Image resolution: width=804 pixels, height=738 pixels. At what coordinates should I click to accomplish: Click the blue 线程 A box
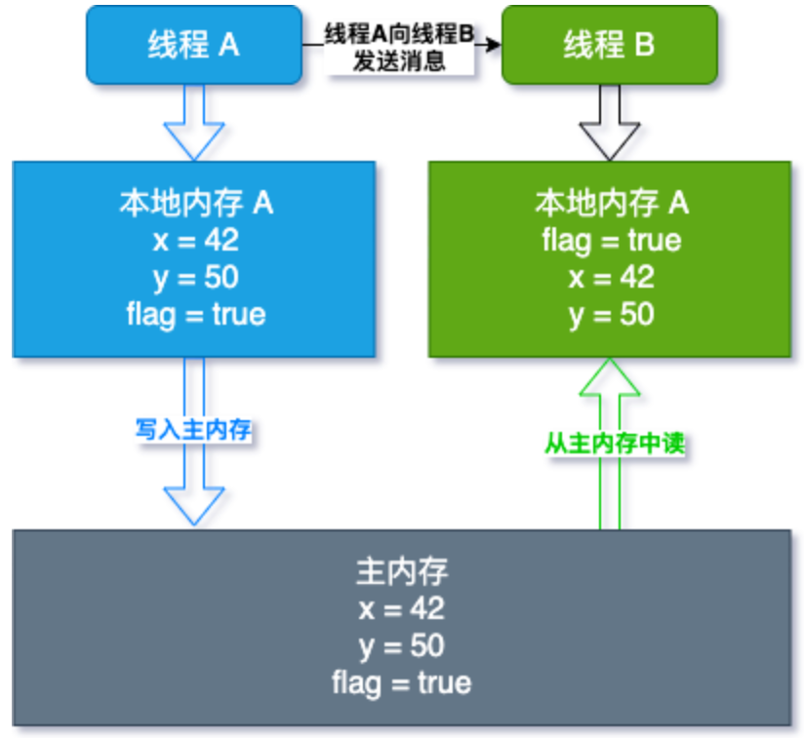pyautogui.click(x=193, y=45)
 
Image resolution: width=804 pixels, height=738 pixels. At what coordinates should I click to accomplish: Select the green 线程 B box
pyautogui.click(x=609, y=45)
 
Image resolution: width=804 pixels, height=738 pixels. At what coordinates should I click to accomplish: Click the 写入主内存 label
pyautogui.click(x=193, y=430)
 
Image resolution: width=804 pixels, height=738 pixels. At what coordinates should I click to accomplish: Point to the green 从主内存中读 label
pyautogui.click(x=614, y=444)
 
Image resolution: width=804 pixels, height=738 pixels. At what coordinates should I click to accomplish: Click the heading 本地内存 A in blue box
pyautogui.click(x=195, y=203)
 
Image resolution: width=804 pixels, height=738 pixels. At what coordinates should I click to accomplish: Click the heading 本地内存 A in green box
pyautogui.click(x=611, y=203)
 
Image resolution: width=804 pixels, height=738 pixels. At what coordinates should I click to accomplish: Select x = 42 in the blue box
pyautogui.click(x=195, y=240)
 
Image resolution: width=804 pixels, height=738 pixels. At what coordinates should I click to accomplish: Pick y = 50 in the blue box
pyautogui.click(x=195, y=277)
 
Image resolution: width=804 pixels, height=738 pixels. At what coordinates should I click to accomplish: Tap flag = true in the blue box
pyautogui.click(x=195, y=314)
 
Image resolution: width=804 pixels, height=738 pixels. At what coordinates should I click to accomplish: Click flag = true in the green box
pyautogui.click(x=611, y=240)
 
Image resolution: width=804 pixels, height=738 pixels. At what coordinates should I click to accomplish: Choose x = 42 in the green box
pyautogui.click(x=611, y=277)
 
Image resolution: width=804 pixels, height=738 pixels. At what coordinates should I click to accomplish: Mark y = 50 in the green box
pyautogui.click(x=611, y=314)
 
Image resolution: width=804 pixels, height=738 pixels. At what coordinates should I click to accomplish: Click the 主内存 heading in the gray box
pyautogui.click(x=401, y=571)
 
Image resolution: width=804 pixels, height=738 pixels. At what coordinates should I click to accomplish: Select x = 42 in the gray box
pyautogui.click(x=401, y=608)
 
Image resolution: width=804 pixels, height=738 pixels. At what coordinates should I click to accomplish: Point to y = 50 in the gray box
pyautogui.click(x=401, y=645)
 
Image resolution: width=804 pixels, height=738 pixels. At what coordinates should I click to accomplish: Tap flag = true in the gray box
pyautogui.click(x=401, y=682)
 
